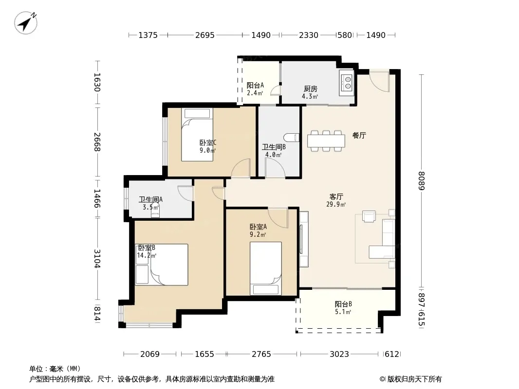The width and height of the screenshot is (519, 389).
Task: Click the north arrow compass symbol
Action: [x=26, y=22]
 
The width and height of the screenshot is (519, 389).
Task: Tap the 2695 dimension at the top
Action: [x=205, y=35]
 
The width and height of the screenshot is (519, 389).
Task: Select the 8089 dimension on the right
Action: [x=421, y=181]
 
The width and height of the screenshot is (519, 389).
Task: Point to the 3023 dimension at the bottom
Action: [x=339, y=354]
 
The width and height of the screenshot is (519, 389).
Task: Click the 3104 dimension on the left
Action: [x=97, y=259]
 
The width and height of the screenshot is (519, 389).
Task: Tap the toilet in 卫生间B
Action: [x=292, y=138]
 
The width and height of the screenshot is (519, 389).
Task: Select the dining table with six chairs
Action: [x=326, y=141]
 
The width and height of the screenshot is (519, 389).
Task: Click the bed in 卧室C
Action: [x=197, y=135]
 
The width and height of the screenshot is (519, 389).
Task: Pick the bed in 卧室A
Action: [x=265, y=268]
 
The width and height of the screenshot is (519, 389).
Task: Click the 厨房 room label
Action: [x=311, y=88]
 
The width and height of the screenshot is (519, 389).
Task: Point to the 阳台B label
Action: [x=343, y=304]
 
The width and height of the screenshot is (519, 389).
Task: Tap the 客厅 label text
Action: [x=336, y=196]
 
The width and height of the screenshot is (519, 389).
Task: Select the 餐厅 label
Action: [x=359, y=135]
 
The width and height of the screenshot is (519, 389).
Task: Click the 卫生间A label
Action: [x=150, y=200]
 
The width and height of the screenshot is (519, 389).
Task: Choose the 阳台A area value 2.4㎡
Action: [x=255, y=93]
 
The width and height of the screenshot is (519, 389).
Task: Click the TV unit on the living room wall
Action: [x=303, y=239]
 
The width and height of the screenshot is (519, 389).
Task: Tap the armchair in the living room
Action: [x=369, y=216]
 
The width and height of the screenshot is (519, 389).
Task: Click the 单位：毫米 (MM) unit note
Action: [x=55, y=369]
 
